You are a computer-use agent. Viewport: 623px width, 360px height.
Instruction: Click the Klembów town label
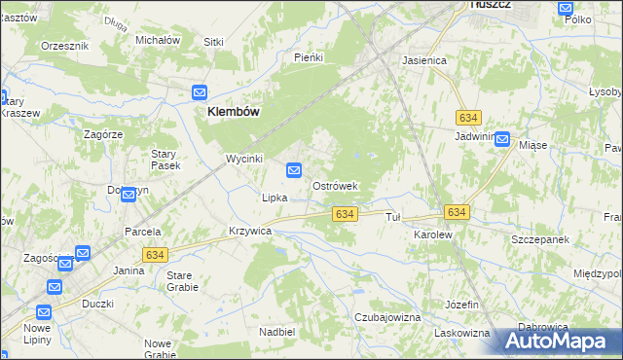tap(233, 112)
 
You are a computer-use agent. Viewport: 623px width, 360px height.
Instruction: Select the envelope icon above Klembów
tap(200, 92)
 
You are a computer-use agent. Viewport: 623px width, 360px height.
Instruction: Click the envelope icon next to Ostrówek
tap(294, 170)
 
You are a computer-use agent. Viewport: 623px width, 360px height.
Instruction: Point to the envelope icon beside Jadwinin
tap(502, 139)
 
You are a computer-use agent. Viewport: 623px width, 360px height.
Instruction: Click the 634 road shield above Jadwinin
tap(468, 117)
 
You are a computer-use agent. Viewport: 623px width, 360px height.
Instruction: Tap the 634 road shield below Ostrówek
tap(343, 213)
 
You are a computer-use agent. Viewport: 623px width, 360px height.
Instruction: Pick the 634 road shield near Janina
tap(153, 255)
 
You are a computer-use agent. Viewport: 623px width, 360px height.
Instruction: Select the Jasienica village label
tap(424, 60)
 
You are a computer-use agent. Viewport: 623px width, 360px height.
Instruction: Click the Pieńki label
tap(308, 57)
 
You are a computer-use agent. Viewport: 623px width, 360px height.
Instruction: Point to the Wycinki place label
tap(244, 159)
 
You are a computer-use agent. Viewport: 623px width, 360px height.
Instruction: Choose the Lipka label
tap(274, 198)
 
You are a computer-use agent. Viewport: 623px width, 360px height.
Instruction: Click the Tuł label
tap(394, 217)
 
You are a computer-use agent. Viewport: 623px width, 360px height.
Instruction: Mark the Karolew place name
tap(434, 235)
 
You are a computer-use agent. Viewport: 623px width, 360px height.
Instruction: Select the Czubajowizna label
tap(386, 318)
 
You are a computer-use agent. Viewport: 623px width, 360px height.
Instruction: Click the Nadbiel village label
tap(277, 332)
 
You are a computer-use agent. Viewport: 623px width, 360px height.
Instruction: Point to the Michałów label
tap(158, 40)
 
